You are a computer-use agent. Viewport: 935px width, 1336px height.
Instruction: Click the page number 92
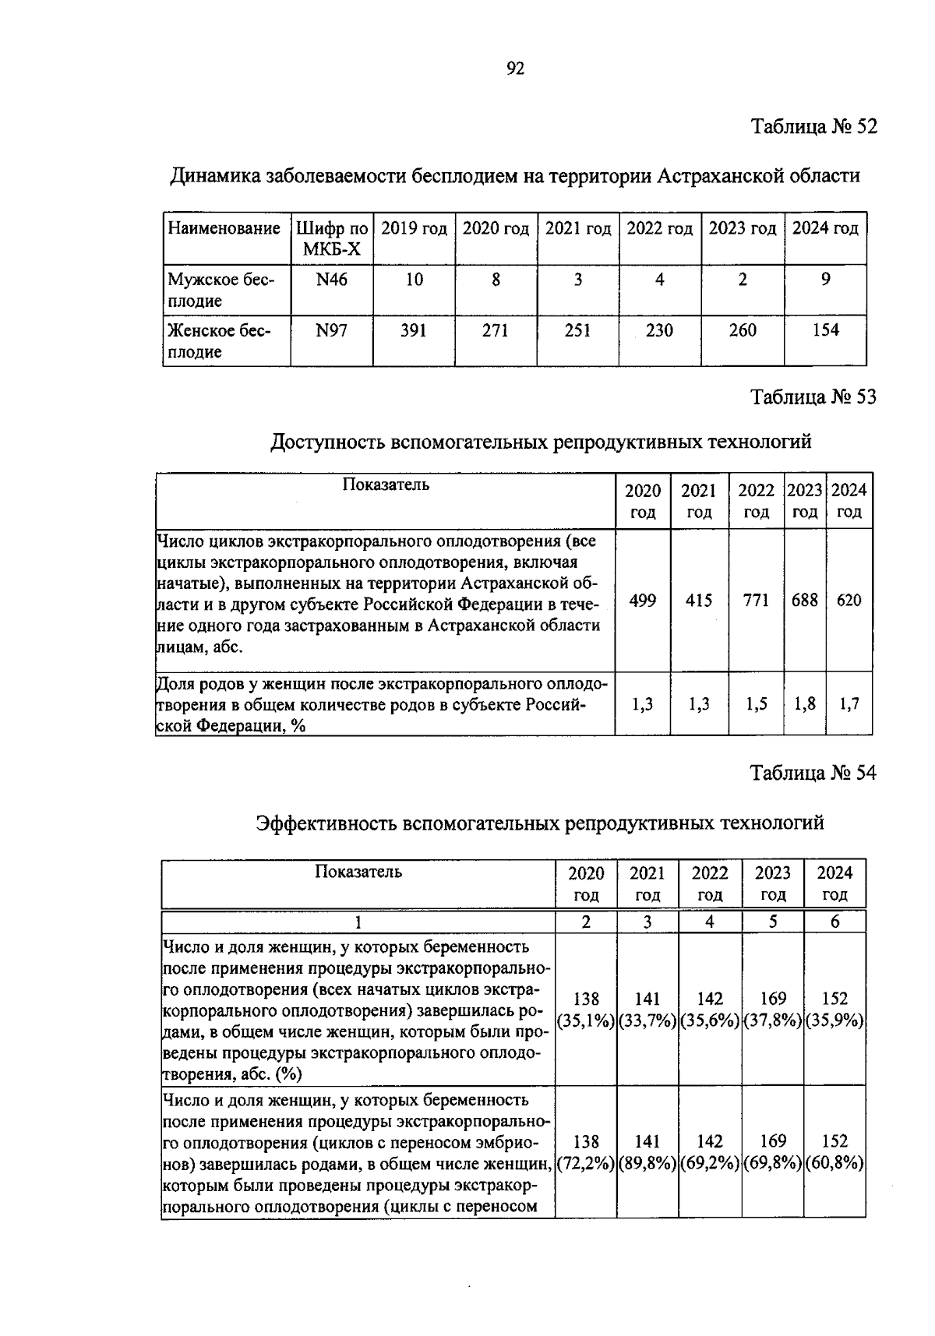[x=515, y=69]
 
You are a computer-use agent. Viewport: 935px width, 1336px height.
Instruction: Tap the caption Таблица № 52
[x=813, y=126]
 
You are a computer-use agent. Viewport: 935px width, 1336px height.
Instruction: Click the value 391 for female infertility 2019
[x=414, y=330]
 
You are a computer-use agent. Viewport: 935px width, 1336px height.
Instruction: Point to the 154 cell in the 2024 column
[x=825, y=330]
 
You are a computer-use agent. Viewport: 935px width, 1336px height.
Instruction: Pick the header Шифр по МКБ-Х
[x=331, y=238]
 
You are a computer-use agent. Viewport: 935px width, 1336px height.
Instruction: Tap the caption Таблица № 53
[x=813, y=397]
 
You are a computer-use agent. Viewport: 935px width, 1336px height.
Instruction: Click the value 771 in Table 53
[x=756, y=600]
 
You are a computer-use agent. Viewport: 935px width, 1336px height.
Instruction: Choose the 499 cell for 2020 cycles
[x=643, y=600]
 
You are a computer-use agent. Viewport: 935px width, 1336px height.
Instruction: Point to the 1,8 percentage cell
[x=805, y=704]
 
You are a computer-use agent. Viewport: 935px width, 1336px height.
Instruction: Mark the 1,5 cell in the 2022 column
[x=756, y=704]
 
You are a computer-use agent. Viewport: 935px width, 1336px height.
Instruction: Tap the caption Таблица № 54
[x=813, y=773]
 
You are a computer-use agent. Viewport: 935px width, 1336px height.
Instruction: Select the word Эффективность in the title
[x=326, y=823]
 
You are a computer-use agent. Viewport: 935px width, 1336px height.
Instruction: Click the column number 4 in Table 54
[x=710, y=922]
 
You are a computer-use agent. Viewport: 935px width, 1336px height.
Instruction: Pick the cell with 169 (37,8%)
[x=772, y=1010]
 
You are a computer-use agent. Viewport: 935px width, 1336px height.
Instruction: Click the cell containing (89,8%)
[x=647, y=1163]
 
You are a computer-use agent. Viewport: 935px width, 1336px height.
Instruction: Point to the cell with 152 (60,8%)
[x=834, y=1152]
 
